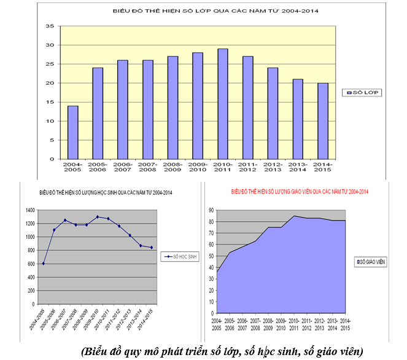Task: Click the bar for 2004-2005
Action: [x=73, y=132]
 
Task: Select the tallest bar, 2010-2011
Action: [x=223, y=104]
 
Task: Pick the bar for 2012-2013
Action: [x=273, y=113]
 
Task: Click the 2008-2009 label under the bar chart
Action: [x=172, y=167]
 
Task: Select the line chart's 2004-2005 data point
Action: [x=42, y=264]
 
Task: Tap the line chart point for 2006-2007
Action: [x=65, y=220]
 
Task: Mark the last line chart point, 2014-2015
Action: [x=152, y=248]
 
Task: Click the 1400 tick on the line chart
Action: [x=29, y=209]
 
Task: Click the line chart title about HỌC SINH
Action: [x=104, y=192]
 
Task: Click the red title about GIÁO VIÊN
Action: [x=300, y=192]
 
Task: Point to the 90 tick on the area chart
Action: [x=210, y=209]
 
